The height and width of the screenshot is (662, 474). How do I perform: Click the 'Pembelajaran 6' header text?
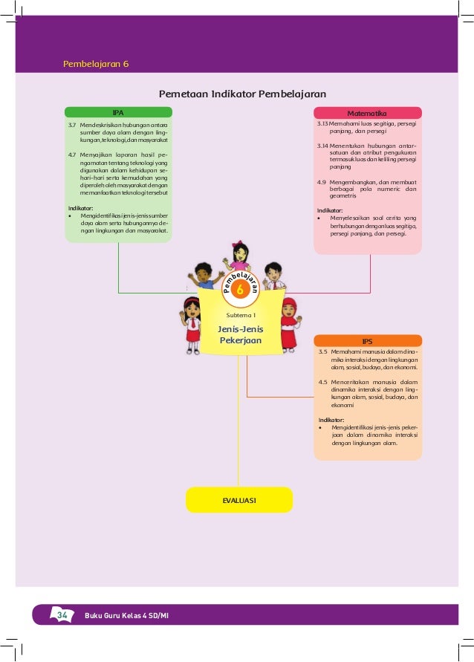[96, 64]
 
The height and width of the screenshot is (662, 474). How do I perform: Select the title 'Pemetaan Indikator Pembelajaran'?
[243, 95]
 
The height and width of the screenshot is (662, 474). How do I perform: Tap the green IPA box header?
[118, 112]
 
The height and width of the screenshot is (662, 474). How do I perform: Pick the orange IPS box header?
[368, 340]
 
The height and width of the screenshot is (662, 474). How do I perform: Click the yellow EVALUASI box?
[239, 500]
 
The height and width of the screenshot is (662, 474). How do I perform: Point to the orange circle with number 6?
[239, 291]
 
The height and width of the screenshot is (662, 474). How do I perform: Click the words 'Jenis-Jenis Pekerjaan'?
[240, 334]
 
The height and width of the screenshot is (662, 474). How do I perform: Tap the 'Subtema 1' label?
[240, 315]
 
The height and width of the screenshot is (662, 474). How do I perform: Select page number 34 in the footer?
[62, 614]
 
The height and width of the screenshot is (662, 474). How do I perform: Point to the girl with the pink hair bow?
[239, 256]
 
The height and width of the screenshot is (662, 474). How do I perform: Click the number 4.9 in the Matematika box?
[322, 181]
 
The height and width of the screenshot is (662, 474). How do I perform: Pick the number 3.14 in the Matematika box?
[323, 146]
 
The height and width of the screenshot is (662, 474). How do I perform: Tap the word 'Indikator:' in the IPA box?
[81, 208]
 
